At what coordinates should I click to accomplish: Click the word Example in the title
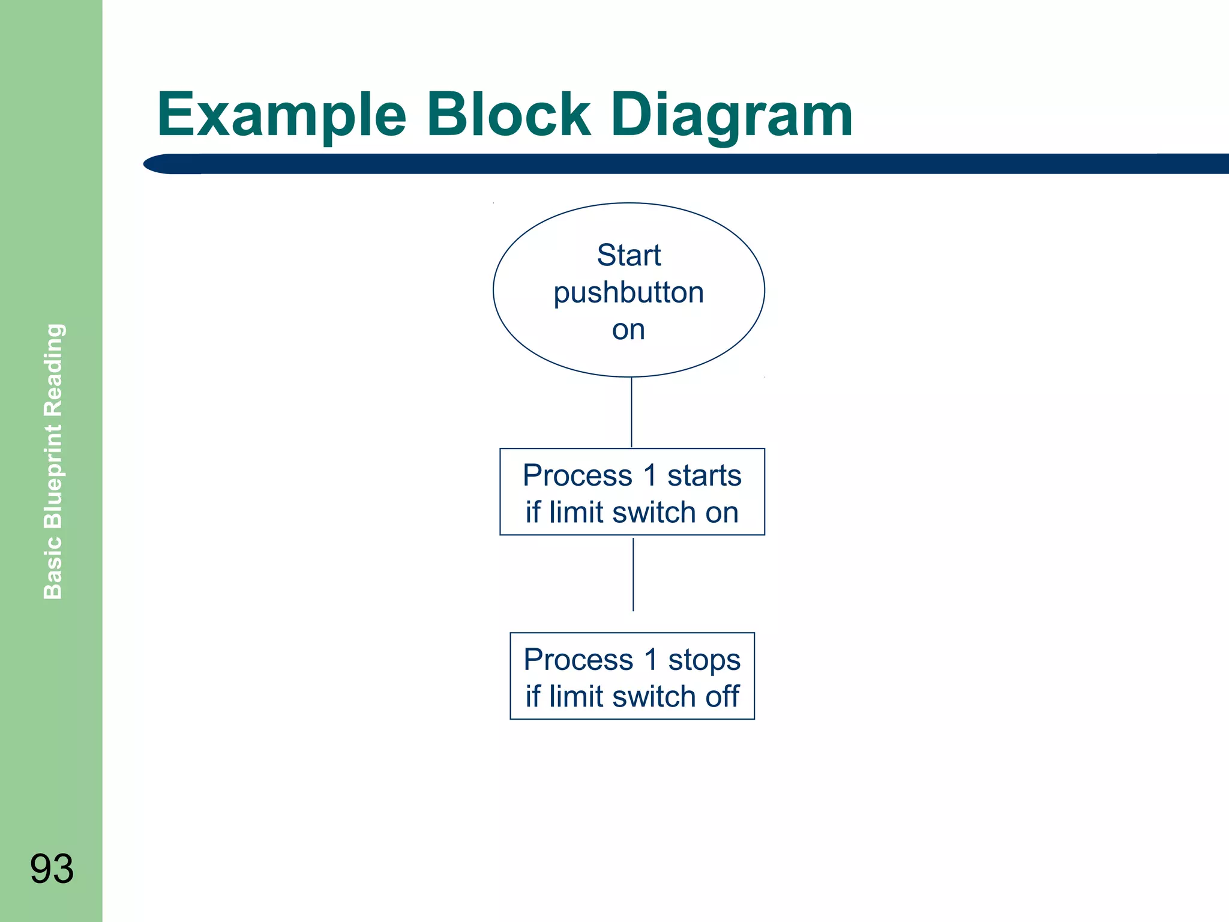(281, 115)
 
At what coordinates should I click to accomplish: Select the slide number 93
(52, 869)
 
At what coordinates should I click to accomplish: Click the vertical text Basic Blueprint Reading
(53, 461)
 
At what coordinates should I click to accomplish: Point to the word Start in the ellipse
(628, 255)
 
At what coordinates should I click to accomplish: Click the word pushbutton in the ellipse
(628, 293)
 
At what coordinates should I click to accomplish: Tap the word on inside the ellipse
(628, 330)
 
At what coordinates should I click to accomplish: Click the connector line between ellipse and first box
(631, 412)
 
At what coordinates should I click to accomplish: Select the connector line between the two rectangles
(633, 574)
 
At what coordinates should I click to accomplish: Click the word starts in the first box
(704, 475)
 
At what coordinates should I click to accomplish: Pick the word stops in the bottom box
(704, 660)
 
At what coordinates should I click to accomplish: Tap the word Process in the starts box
(577, 475)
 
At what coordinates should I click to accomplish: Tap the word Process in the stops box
(578, 660)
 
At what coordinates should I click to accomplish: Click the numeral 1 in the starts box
(649, 475)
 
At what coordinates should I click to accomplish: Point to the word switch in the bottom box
(654, 696)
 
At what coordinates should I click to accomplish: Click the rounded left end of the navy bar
(157, 164)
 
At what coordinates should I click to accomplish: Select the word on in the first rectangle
(721, 513)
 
